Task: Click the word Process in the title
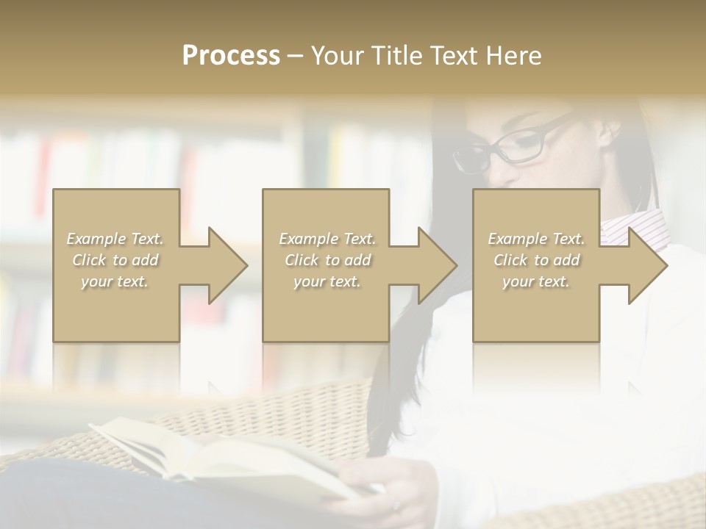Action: (x=231, y=56)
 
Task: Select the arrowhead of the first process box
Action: (x=227, y=265)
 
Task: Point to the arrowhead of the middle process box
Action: (x=437, y=265)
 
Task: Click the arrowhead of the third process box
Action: (x=647, y=265)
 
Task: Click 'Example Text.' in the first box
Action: (x=115, y=239)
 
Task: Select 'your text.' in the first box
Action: (x=115, y=281)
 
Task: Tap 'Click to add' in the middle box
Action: (x=327, y=260)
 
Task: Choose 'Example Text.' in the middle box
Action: (x=327, y=239)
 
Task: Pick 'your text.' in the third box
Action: (x=536, y=281)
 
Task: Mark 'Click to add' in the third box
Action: (x=536, y=260)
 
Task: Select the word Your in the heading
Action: (x=337, y=56)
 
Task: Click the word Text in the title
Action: (x=455, y=56)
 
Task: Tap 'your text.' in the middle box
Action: (x=327, y=281)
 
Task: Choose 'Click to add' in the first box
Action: (x=115, y=260)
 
